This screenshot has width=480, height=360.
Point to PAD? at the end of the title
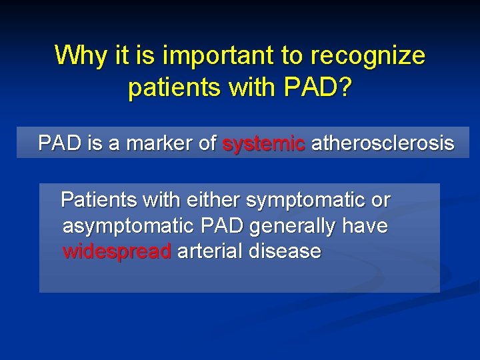[319, 88]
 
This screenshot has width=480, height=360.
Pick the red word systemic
[263, 143]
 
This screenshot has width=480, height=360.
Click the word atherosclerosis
[383, 143]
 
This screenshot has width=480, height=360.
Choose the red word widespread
[117, 252]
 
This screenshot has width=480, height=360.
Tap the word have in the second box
[365, 227]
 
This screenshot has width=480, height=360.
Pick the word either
[215, 200]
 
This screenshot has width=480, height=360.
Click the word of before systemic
[207, 143]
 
